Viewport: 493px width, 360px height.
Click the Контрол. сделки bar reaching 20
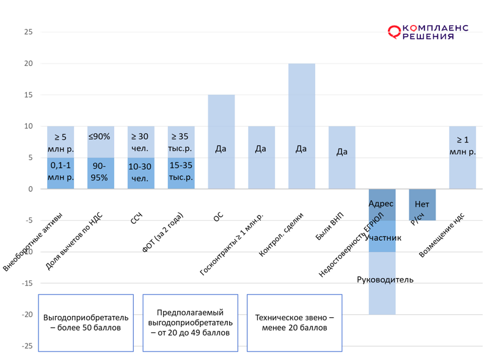click(301, 125)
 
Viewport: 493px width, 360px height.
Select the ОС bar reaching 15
click(221, 141)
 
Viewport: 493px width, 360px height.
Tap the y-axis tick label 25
click(28, 32)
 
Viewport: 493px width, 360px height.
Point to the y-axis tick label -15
click(26, 283)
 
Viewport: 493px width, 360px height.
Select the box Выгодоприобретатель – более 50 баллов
click(86, 323)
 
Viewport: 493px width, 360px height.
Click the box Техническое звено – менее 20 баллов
click(294, 323)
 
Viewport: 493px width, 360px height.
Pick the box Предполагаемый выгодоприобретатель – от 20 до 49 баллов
click(190, 323)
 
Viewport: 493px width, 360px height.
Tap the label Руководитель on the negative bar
click(385, 280)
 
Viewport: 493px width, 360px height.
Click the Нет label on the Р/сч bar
click(422, 204)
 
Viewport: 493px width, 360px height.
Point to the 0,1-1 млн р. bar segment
click(60, 172)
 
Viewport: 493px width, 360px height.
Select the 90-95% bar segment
click(100, 172)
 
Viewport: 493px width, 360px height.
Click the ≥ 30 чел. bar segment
click(141, 142)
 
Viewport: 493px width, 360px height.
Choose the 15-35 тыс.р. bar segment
click(181, 172)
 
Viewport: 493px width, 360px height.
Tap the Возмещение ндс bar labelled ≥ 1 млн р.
click(462, 157)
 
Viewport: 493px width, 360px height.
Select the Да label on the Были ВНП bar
click(341, 152)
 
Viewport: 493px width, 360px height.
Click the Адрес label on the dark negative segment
click(381, 204)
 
